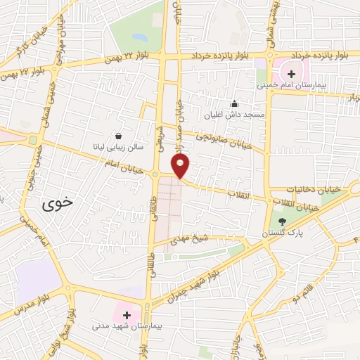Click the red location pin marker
coord(181,166)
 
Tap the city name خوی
coord(57,202)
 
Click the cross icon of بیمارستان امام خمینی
coord(292,74)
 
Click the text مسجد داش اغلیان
coord(234,115)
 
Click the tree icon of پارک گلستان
coord(282,221)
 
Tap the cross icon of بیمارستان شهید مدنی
coord(127,314)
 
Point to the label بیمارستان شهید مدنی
coord(127,327)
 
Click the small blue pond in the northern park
coord(139,36)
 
